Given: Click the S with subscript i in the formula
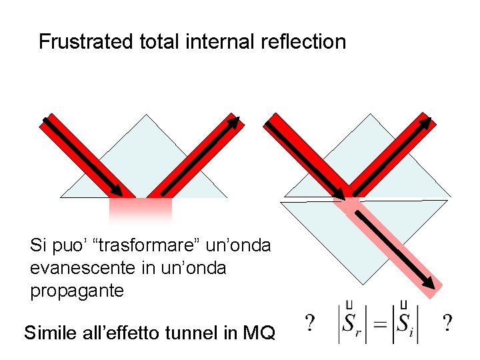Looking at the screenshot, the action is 405,325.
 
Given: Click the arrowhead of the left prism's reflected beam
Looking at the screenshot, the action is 234,122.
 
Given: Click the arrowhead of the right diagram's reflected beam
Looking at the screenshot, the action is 425,123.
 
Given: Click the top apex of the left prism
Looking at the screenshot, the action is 145,115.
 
